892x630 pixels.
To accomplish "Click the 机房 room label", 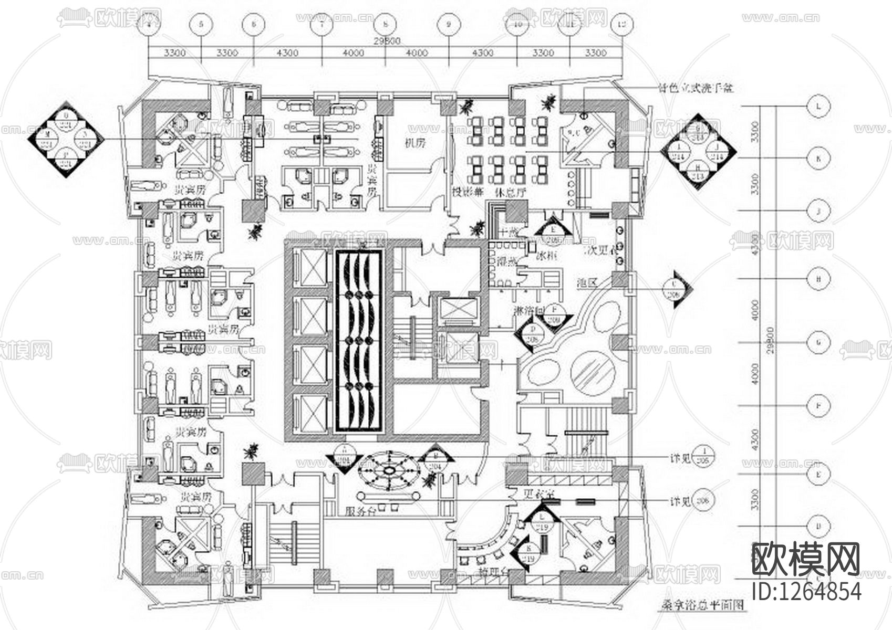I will tap(414, 143).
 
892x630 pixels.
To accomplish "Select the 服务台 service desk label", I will tap(360, 511).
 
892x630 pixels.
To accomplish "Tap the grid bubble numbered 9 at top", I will tap(448, 24).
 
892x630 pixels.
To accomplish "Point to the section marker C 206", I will tap(674, 288).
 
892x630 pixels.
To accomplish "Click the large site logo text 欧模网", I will tap(805, 560).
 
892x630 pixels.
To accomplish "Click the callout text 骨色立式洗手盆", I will tap(695, 88).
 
